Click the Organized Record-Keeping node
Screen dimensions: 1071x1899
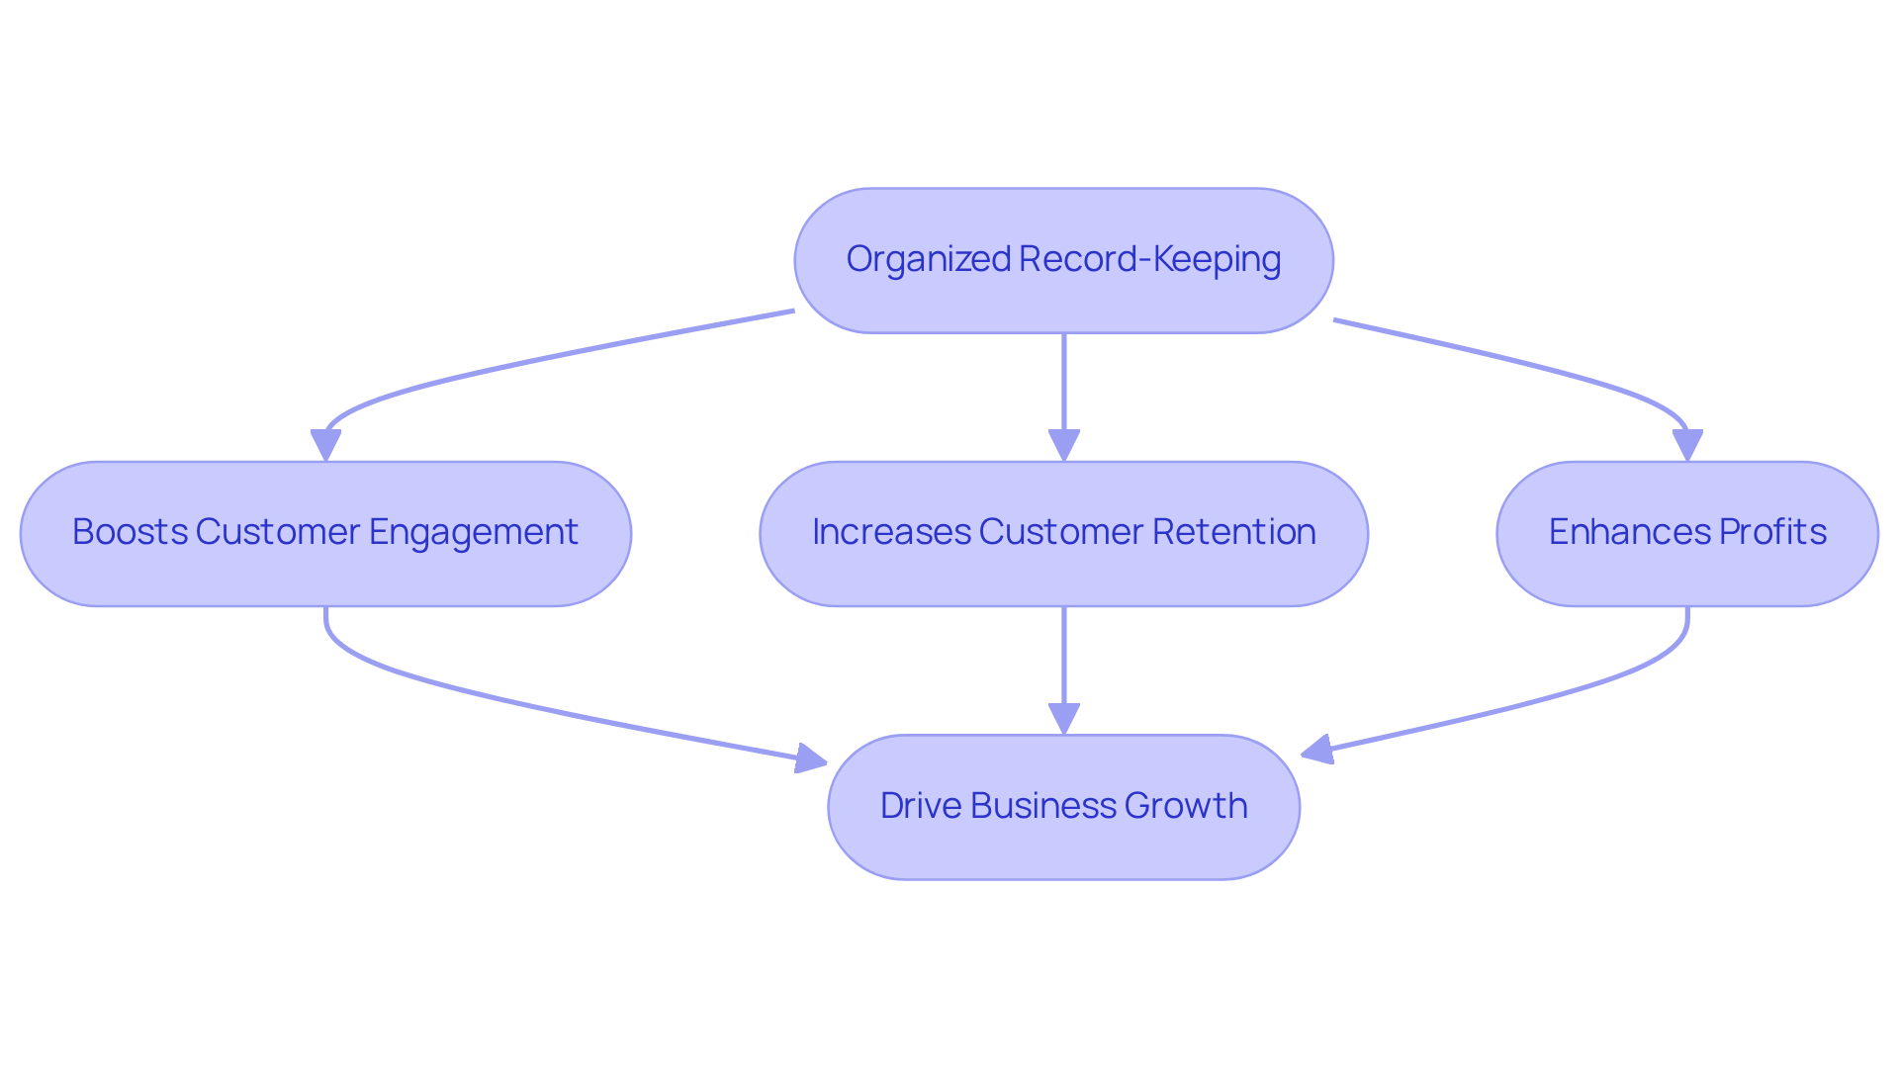1063,260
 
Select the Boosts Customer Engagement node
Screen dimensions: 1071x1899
325,533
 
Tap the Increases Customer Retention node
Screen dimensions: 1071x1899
1063,533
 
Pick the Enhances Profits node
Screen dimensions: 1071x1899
1686,533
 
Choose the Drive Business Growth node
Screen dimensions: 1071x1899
1063,806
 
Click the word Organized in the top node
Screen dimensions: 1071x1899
928,259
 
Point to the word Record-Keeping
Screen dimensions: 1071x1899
1149,259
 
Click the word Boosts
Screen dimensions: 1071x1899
130,532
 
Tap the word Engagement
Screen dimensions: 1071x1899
473,533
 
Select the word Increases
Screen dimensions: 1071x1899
891,532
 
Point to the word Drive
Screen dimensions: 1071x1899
920,805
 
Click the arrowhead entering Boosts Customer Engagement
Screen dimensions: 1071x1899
325,445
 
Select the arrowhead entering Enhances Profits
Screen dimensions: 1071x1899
1686,445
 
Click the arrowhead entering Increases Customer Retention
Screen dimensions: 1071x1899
1063,445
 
